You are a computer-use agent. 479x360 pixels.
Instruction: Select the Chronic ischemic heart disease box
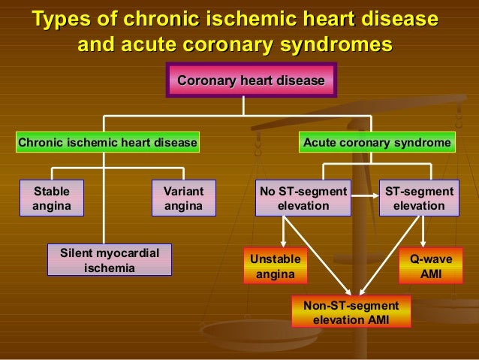[x=107, y=141]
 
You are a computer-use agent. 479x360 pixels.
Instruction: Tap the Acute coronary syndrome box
[x=376, y=141]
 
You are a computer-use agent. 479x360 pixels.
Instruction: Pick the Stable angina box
[x=52, y=198]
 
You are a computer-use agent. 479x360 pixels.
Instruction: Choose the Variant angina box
[x=184, y=198]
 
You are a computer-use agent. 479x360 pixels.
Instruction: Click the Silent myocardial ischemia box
[x=110, y=260]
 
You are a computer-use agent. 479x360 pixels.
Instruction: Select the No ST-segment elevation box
[x=303, y=198]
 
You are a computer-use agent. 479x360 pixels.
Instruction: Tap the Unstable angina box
[x=276, y=266]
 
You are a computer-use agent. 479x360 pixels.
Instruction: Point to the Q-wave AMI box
[x=431, y=266]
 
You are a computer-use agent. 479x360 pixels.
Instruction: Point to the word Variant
[x=184, y=191]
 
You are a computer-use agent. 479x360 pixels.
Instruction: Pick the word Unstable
[x=276, y=259]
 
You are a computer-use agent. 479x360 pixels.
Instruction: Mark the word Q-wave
[x=431, y=259]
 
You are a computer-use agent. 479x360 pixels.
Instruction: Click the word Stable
[x=52, y=191]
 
